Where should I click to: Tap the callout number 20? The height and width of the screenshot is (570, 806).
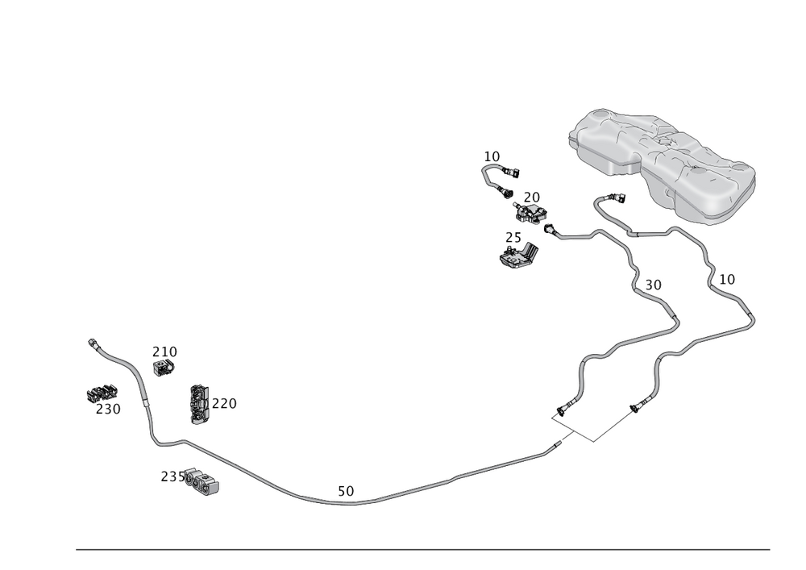[531, 196]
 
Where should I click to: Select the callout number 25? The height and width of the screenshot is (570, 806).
[513, 238]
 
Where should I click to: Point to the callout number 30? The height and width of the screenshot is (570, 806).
[652, 285]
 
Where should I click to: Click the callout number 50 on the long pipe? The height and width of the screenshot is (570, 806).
[345, 490]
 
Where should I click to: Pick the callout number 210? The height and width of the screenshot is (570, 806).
[165, 352]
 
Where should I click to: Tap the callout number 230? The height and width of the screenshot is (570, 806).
[108, 409]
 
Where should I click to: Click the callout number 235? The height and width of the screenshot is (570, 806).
[172, 476]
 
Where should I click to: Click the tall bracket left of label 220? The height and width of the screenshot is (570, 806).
[197, 404]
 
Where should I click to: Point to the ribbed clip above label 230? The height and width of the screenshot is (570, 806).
[101, 393]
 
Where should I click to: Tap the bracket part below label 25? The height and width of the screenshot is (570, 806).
[516, 256]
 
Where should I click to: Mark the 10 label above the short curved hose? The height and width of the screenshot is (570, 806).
[492, 155]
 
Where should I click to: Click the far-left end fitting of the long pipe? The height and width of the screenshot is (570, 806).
[92, 342]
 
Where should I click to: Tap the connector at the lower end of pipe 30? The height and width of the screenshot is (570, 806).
[558, 413]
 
